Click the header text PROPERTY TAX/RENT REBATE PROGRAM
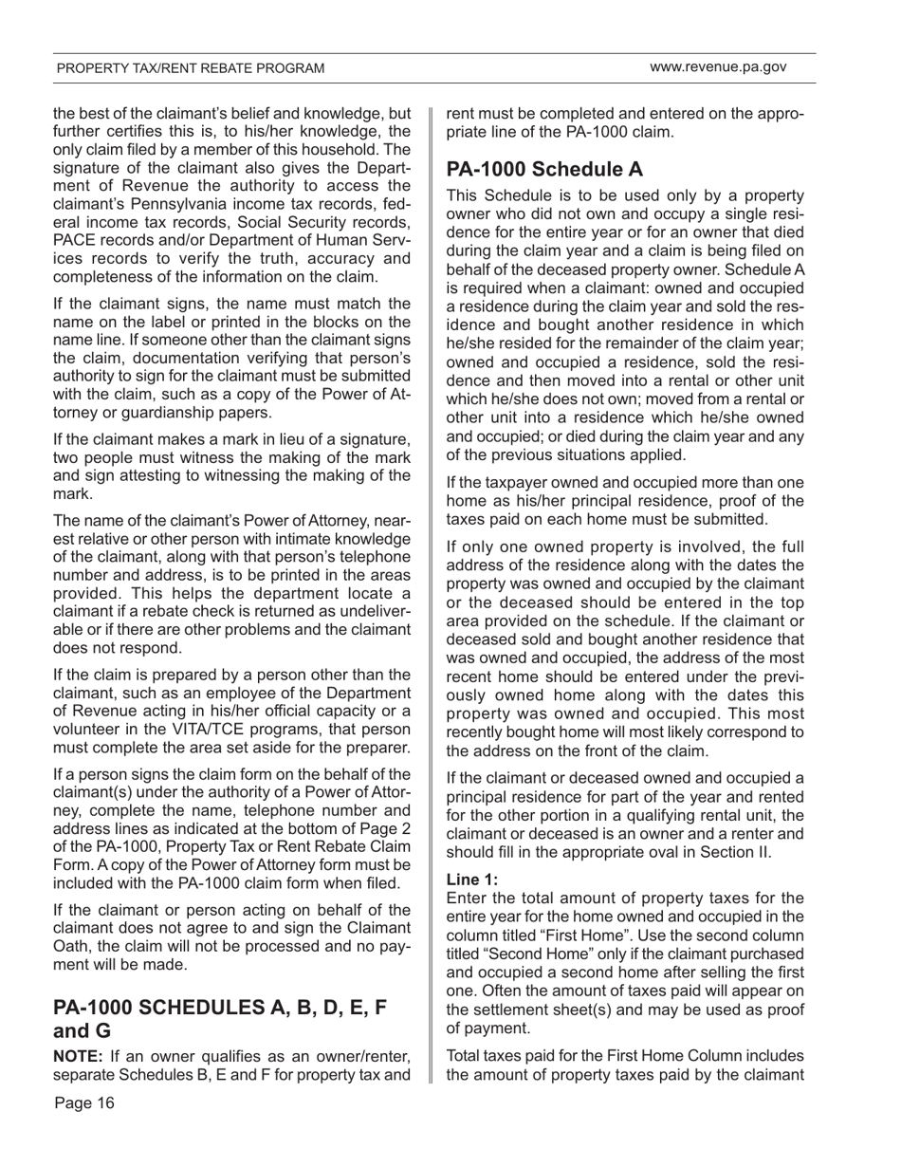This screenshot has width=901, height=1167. coord(191,68)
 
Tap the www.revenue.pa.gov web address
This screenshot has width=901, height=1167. coord(718,67)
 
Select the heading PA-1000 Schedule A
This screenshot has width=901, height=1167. coord(544,169)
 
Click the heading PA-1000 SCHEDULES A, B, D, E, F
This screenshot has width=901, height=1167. coord(220,1008)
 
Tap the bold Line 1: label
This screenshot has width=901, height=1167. coord(471,880)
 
